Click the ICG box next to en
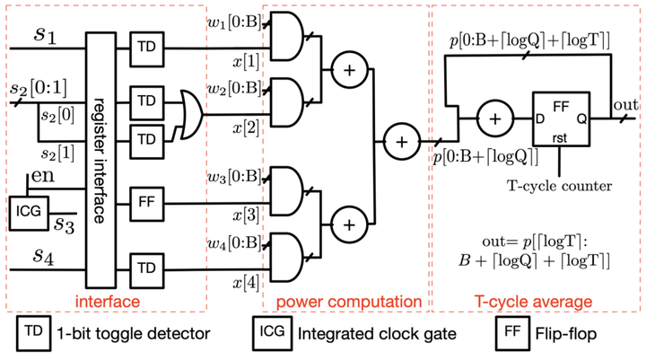(x=29, y=213)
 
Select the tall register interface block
(x=100, y=161)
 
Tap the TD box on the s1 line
(x=147, y=49)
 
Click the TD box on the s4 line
(x=147, y=270)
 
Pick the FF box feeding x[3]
(x=147, y=204)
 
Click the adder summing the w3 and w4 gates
(x=349, y=224)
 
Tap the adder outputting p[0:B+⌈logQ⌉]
(x=402, y=142)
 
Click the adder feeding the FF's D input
(x=495, y=119)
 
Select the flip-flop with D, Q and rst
(x=561, y=119)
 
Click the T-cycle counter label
(x=560, y=186)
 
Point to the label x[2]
(x=246, y=128)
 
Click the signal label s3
(x=65, y=224)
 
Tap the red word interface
(x=108, y=302)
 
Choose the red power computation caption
(x=349, y=303)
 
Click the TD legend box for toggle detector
(x=34, y=333)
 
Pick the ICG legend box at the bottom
(x=273, y=333)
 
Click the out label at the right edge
(x=626, y=105)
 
